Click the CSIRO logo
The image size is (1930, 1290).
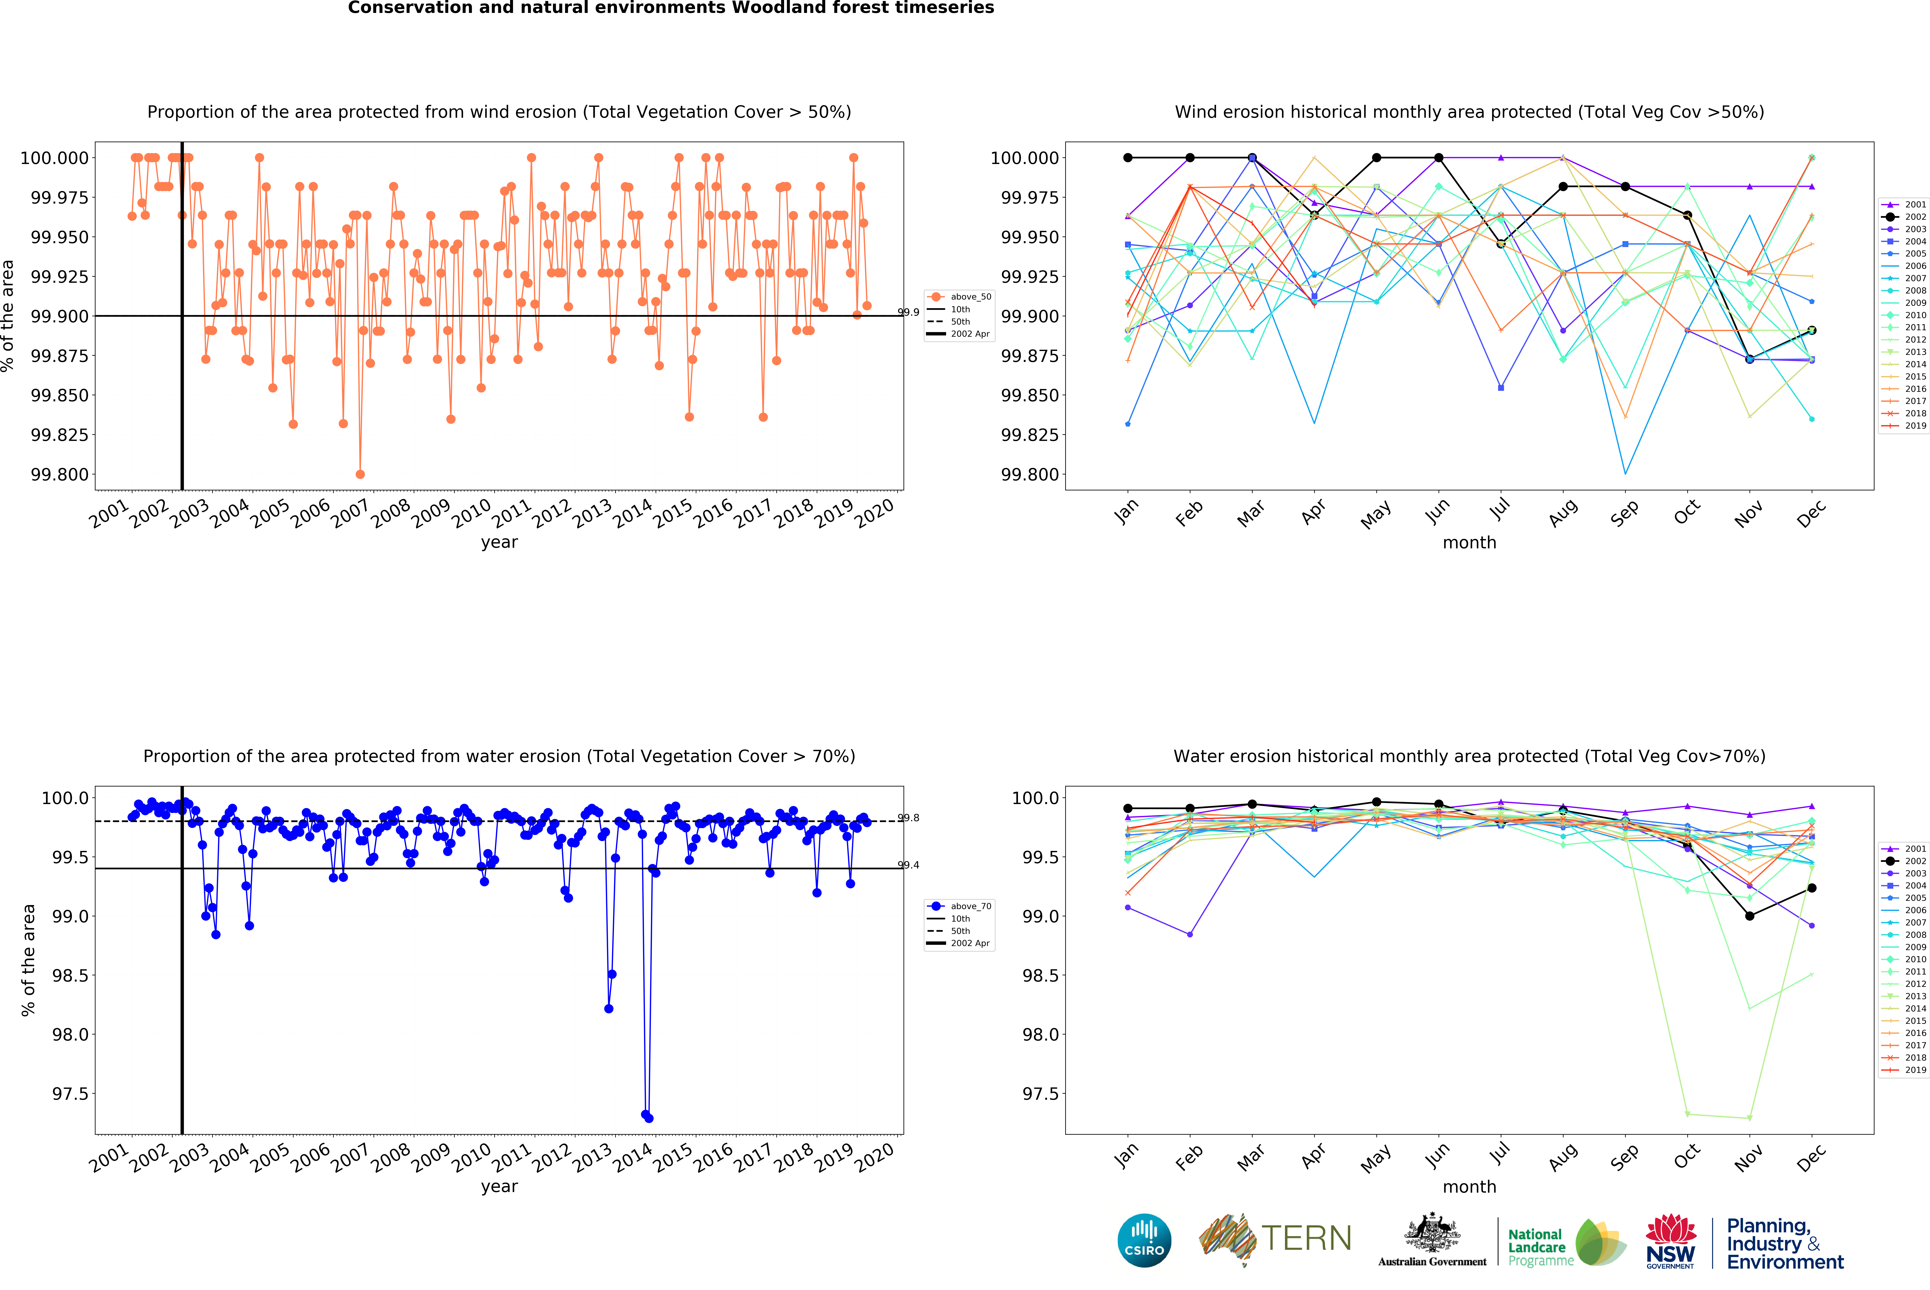click(1144, 1240)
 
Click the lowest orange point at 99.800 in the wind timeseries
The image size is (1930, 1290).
click(360, 474)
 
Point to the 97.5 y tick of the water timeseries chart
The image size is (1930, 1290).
click(70, 1093)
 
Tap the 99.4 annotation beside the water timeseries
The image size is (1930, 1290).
click(908, 865)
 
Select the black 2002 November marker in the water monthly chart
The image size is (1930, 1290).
click(1749, 916)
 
